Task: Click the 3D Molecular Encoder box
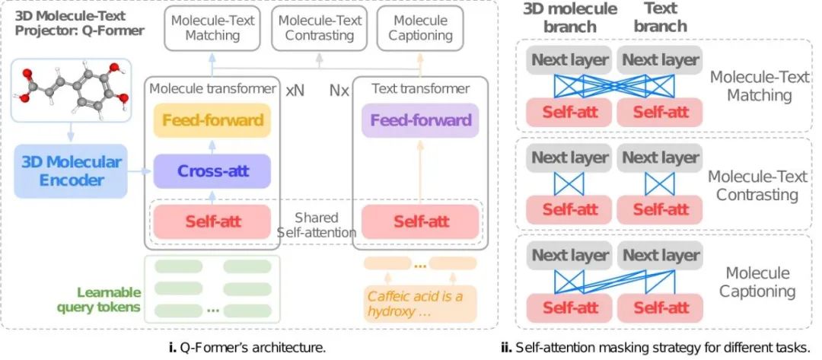(71, 171)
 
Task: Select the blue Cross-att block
(212, 171)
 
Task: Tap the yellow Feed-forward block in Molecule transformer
(212, 120)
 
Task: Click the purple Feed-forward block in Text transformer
(420, 120)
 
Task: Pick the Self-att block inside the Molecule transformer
(212, 221)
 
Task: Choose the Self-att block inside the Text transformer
(420, 221)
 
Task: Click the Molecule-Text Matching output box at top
(212, 27)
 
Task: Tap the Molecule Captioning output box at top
(420, 27)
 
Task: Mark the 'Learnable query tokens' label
(109, 299)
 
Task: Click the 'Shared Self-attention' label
(316, 225)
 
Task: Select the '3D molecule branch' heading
(570, 18)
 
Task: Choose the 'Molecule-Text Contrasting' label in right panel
(757, 185)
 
